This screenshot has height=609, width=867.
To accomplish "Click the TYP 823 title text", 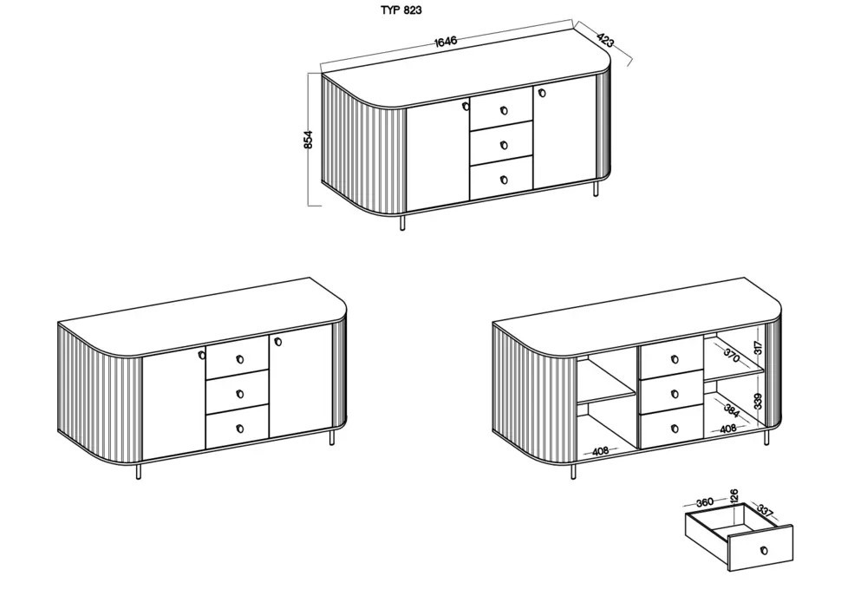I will pyautogui.click(x=401, y=10).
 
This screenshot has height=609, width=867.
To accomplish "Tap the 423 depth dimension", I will pyautogui.click(x=605, y=40).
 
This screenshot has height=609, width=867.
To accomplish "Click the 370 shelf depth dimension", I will pyautogui.click(x=731, y=355).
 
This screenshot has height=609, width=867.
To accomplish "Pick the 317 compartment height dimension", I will pyautogui.click(x=758, y=347).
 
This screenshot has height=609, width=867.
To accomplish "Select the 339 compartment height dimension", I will pyautogui.click(x=758, y=401).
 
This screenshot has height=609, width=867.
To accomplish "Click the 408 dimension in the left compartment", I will pyautogui.click(x=600, y=452).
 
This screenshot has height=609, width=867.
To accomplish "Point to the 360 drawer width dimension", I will pyautogui.click(x=704, y=502).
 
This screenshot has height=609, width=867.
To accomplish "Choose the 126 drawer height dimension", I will pyautogui.click(x=733, y=496).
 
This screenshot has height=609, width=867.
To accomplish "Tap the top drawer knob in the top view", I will pyautogui.click(x=503, y=110).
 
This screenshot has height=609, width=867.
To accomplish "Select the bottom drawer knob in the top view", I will pyautogui.click(x=503, y=180).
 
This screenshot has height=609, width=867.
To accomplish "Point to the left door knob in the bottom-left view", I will pyautogui.click(x=201, y=355).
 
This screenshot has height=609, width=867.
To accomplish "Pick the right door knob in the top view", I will pyautogui.click(x=538, y=91).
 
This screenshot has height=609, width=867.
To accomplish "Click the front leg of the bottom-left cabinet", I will pyautogui.click(x=138, y=471).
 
